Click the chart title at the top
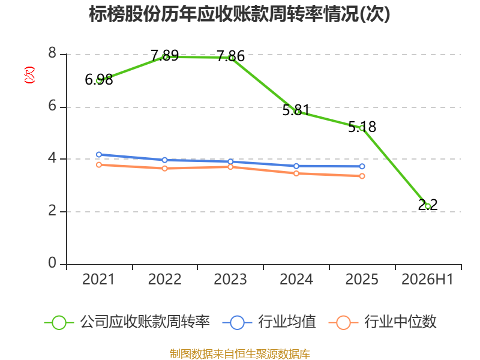[239, 14]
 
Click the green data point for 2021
[99, 81]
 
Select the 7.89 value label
[164, 55]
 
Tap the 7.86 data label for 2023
[230, 56]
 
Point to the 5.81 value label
[296, 110]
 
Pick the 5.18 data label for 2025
[362, 127]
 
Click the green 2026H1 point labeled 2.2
[428, 206]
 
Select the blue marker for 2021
[99, 155]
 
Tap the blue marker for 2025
[362, 166]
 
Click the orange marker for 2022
[164, 169]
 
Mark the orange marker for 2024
[296, 173]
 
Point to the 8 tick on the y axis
[52, 53]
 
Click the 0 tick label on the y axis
[52, 263]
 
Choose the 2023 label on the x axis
[230, 280]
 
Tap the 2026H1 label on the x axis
[427, 280]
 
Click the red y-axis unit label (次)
[29, 75]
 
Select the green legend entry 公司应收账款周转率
[127, 322]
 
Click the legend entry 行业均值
[269, 322]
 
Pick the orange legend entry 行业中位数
[382, 322]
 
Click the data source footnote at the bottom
[240, 354]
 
